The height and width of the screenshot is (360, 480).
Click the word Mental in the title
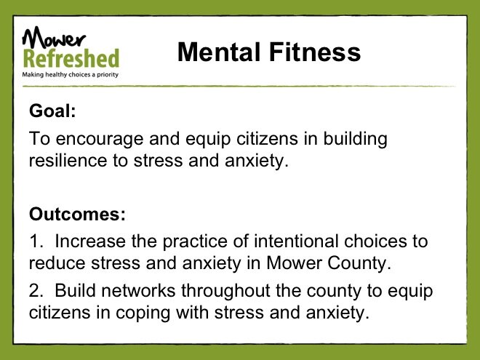219,52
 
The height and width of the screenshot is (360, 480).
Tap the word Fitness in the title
315,52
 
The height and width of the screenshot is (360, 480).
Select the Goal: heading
52,111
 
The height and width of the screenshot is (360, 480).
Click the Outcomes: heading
77,214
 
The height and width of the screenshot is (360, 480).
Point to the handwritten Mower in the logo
54,37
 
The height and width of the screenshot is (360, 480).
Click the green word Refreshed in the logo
71,58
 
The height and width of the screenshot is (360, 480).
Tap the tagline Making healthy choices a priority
70,74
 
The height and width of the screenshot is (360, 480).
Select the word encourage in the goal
100,140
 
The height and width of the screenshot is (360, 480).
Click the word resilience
68,161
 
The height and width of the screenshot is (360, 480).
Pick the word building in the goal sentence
356,139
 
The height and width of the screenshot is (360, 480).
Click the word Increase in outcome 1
90,241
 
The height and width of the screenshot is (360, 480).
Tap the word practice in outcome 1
195,242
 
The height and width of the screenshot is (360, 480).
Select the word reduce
57,263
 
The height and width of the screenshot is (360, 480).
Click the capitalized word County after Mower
359,263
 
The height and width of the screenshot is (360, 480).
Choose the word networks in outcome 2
138,290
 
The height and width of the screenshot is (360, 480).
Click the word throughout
225,291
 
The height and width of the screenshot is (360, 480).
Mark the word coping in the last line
143,313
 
